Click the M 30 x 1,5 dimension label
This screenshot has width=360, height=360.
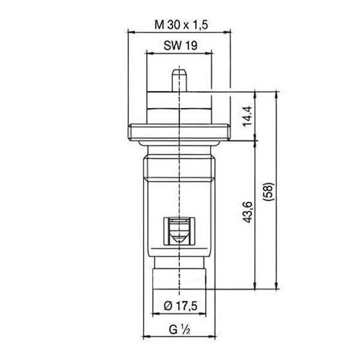tap(181, 25)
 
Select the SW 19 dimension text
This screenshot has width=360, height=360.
tap(181, 45)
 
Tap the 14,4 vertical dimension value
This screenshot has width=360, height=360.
tap(247, 116)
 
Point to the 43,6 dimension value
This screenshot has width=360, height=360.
tap(247, 212)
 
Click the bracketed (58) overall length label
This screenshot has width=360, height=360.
tap(268, 192)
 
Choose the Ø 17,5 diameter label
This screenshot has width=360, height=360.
tap(181, 306)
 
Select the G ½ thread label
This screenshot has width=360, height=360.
tap(179, 329)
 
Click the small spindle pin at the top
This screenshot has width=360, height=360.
tap(179, 80)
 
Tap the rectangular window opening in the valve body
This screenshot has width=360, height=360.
tap(179, 231)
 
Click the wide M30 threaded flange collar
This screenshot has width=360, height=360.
tap(179, 132)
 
